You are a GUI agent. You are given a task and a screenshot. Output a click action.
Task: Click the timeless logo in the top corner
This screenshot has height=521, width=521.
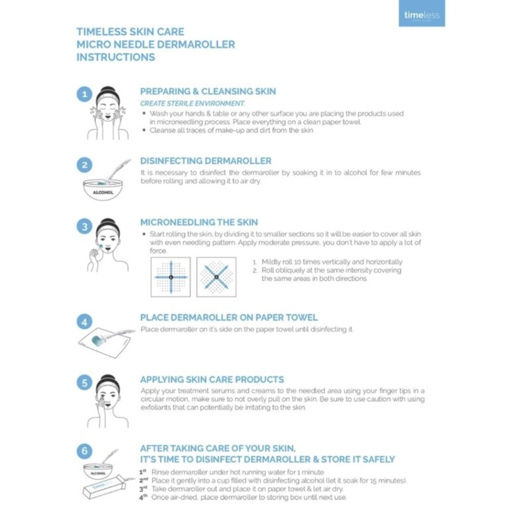click(421, 15)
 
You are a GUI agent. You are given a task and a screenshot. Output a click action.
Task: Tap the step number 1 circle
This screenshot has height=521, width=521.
click(84, 95)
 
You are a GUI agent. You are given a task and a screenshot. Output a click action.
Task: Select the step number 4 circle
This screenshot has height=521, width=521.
click(84, 322)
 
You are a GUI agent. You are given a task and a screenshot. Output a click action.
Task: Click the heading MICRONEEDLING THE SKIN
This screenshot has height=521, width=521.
click(199, 222)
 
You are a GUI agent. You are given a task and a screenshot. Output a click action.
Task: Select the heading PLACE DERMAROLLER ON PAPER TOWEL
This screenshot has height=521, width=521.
click(229, 317)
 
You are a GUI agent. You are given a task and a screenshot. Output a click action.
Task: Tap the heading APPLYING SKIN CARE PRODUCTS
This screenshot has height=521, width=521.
click(212, 379)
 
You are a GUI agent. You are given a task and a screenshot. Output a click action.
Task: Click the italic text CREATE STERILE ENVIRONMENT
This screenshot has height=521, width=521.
click(192, 104)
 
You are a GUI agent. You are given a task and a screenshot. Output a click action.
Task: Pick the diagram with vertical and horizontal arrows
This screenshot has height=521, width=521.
click(170, 277)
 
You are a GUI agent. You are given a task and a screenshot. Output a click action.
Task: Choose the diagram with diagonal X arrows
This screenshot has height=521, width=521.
click(216, 277)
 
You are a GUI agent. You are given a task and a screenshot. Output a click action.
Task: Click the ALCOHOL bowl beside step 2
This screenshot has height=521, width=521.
click(103, 188)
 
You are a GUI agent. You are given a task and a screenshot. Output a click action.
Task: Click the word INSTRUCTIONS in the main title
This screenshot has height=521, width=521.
click(116, 57)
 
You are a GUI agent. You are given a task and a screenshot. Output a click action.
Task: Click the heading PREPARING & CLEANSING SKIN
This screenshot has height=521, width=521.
click(208, 91)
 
